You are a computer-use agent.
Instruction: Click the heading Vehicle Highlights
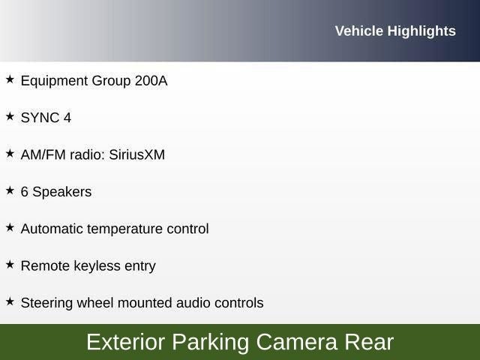(x=395, y=31)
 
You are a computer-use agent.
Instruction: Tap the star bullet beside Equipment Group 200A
(x=10, y=79)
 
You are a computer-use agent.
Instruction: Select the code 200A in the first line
(x=151, y=80)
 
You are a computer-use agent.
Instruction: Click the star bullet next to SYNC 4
(x=10, y=116)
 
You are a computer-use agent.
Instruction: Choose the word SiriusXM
(x=136, y=154)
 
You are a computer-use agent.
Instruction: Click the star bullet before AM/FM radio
(x=10, y=153)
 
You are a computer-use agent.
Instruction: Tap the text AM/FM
(x=43, y=154)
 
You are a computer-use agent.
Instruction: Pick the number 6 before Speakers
(x=25, y=192)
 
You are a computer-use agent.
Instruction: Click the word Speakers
(x=62, y=192)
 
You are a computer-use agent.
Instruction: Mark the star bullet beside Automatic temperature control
(x=10, y=227)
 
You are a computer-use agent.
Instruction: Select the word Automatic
(x=52, y=229)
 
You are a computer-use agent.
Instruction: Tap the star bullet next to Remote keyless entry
(x=10, y=264)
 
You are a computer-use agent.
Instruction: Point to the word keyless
(x=91, y=265)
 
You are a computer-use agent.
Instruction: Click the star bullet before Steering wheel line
(x=10, y=301)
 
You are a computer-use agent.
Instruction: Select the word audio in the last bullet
(x=193, y=303)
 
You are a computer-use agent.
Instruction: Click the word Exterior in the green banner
(x=125, y=342)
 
